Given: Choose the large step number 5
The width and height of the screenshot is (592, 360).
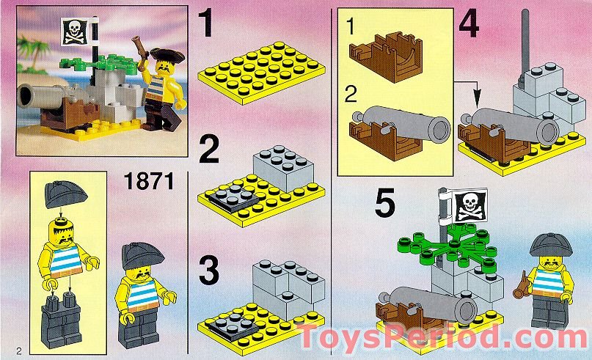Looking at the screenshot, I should click(x=386, y=202).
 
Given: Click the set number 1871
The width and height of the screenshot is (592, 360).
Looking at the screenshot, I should click(x=150, y=181).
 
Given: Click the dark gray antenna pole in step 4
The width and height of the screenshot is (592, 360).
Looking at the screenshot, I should click(x=525, y=44).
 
